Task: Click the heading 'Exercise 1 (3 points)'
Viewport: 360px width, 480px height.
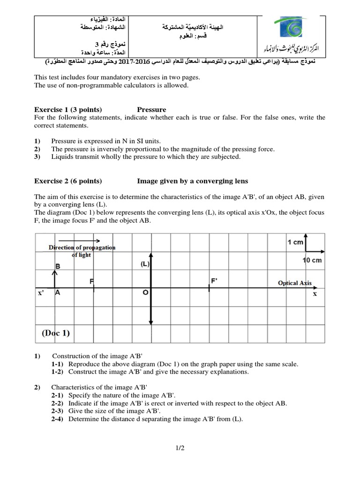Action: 68,110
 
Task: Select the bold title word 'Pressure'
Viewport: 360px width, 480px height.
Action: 151,110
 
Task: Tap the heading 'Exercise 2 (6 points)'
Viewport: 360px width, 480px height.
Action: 68,181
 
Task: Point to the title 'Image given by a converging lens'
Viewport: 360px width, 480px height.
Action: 192,181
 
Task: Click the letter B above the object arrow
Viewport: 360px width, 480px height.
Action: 58,266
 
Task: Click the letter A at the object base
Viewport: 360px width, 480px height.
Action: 58,292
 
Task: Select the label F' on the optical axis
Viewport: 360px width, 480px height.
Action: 215,281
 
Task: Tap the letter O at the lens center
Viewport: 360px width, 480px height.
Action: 145,292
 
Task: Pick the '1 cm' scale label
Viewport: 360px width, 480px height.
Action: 295,242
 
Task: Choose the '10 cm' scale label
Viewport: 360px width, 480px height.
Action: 313,260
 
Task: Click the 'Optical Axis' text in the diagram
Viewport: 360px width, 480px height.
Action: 294,283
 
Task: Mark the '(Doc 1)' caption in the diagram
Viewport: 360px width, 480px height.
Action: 55,333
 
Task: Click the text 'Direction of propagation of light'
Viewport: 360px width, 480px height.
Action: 82,251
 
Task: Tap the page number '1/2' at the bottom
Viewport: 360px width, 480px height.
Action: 180,448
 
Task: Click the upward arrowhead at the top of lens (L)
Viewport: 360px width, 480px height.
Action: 150,255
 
